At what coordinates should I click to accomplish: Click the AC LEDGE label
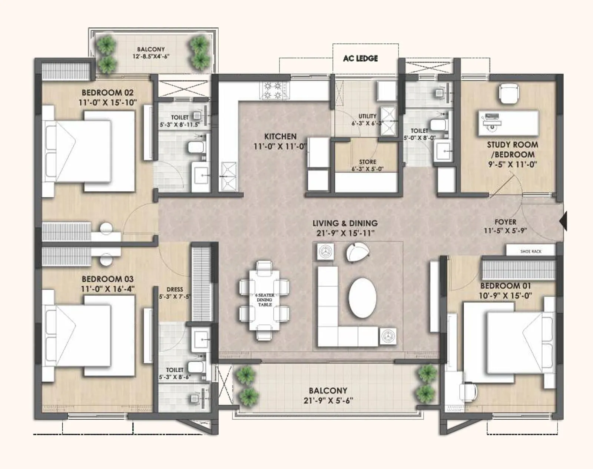360,58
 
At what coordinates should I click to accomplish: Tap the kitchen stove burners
275,91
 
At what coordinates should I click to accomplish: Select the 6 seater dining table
265,300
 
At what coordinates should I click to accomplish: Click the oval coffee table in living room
362,298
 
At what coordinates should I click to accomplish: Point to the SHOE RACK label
530,251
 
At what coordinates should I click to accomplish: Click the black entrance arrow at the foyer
563,221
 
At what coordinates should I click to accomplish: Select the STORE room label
367,162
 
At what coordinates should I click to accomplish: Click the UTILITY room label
367,116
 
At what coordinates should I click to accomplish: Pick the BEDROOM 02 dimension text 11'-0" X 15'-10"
107,103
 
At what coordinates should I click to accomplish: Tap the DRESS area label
175,289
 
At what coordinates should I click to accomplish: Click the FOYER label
505,222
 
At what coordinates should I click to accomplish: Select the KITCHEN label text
280,137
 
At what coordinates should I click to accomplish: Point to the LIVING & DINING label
345,223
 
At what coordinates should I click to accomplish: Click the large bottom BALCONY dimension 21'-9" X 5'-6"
328,401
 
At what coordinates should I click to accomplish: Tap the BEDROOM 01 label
505,286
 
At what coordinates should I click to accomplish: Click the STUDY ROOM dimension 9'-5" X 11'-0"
512,164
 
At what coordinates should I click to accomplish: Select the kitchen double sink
228,176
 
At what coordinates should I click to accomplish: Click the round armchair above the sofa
358,252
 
